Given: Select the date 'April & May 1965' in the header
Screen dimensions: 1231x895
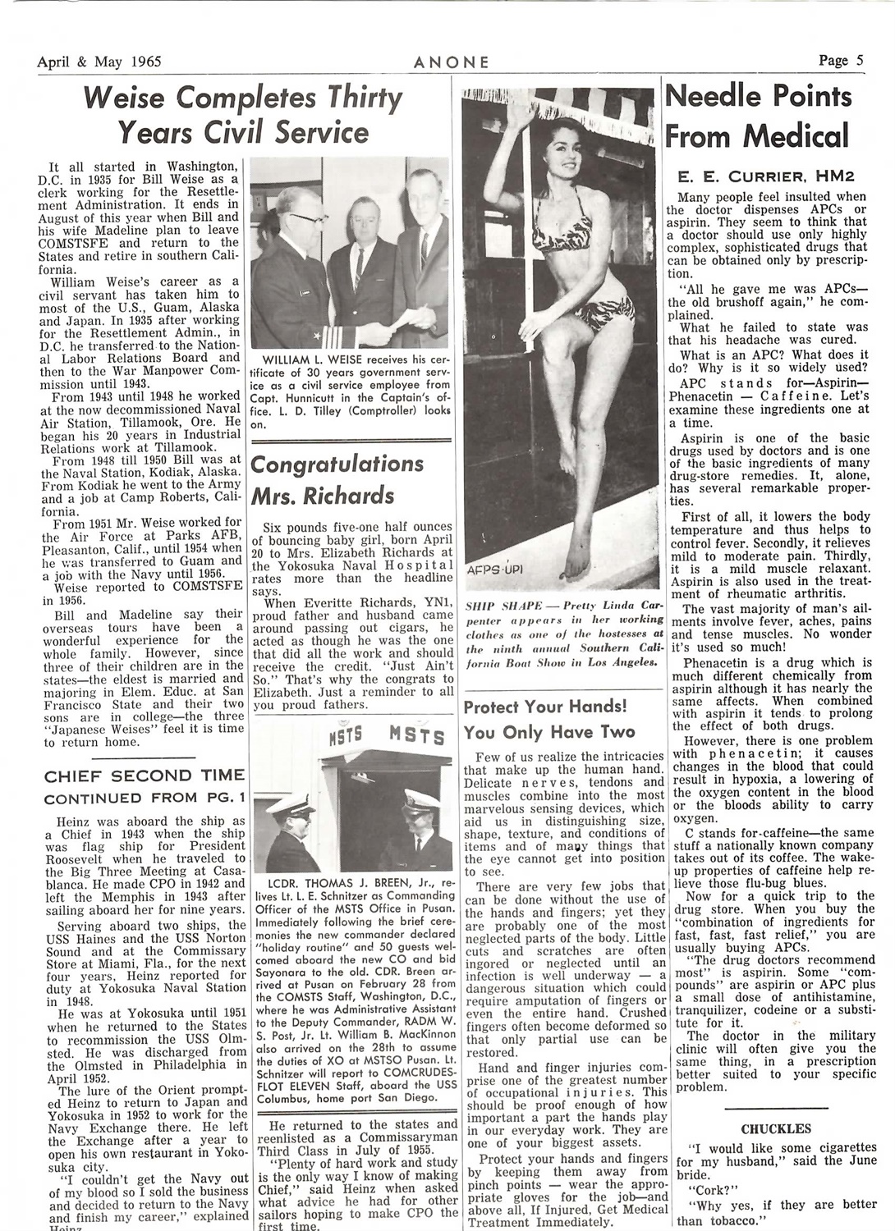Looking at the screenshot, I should tap(99, 62).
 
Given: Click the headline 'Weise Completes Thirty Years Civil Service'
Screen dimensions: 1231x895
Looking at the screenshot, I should tap(243, 115).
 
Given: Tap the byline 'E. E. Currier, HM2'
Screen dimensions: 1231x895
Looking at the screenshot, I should tap(756, 175).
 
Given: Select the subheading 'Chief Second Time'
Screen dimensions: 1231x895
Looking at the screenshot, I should tap(144, 776).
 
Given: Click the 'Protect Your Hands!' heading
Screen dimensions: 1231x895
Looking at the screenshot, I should tap(546, 707).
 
